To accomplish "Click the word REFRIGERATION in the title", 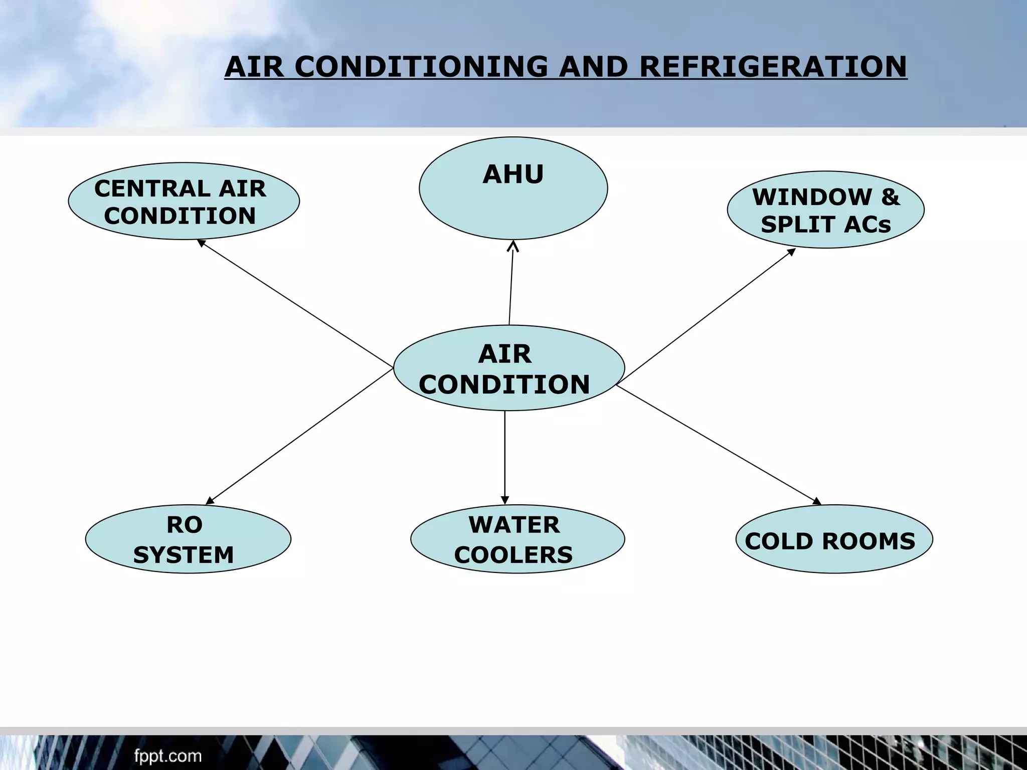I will pyautogui.click(x=773, y=67).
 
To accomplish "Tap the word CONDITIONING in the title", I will pyautogui.click(x=422, y=67).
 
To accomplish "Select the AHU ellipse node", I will pyautogui.click(x=513, y=188).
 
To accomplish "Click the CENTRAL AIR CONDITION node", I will pyautogui.click(x=184, y=201).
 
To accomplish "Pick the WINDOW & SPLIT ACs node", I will pyautogui.click(x=825, y=210).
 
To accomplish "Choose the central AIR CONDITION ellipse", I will pyautogui.click(x=508, y=368).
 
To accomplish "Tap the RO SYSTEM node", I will pyautogui.click(x=188, y=539).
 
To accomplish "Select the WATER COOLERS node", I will pyautogui.click(x=517, y=539).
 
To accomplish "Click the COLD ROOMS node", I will pyautogui.click(x=834, y=539).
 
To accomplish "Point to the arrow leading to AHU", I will pyautogui.click(x=511, y=283).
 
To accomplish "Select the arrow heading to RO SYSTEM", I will pyautogui.click(x=299, y=436).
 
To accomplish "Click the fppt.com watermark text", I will pyautogui.click(x=167, y=756).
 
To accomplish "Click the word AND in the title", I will pyautogui.click(x=593, y=67).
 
